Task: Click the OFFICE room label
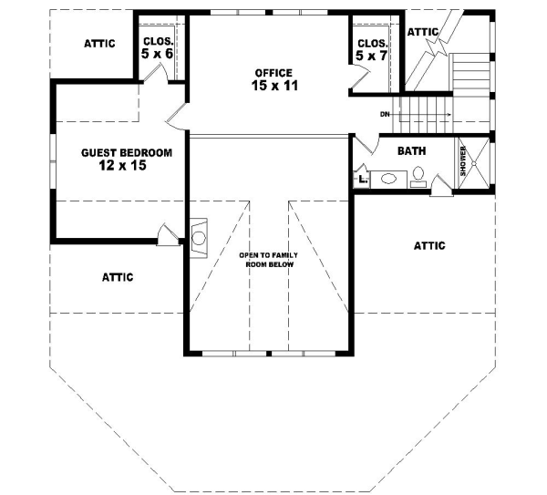pos(273,72)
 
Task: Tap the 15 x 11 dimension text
pos(274,86)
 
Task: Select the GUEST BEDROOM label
pos(114,153)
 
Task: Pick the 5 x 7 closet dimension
pos(372,57)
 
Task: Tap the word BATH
pos(411,150)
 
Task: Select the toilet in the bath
pos(418,174)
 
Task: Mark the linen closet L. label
pos(363,180)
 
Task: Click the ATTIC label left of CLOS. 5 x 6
pos(98,43)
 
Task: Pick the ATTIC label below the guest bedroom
pos(119,277)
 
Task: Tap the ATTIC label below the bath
pos(429,245)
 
